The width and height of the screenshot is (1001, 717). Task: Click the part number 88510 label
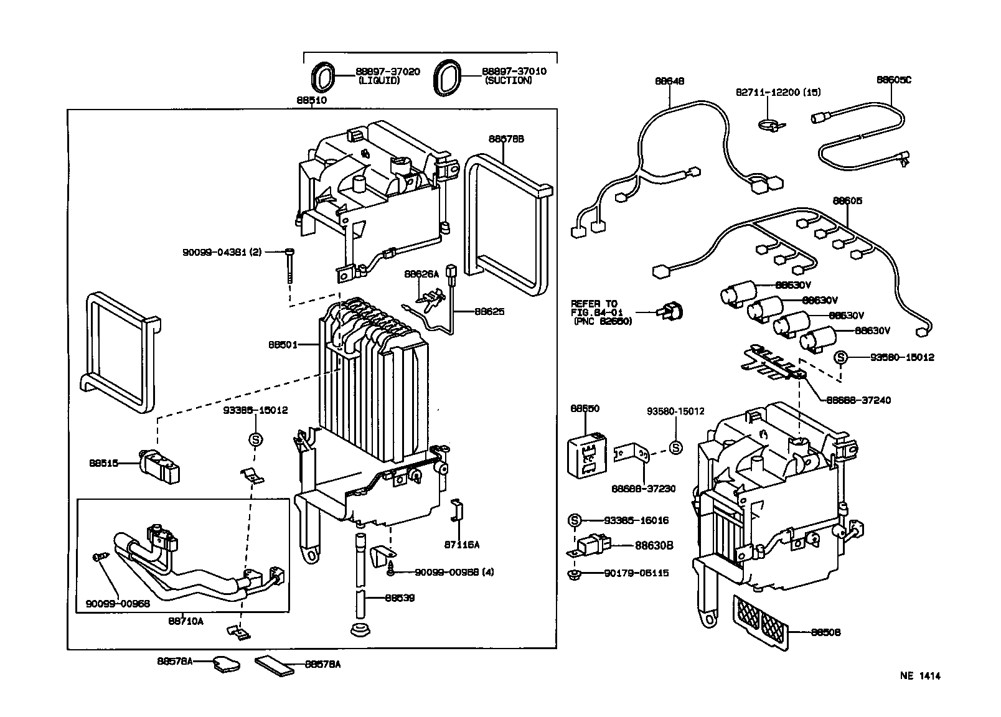[311, 100]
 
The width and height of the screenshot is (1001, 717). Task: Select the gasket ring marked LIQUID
[321, 78]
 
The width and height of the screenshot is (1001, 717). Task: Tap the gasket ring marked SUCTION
[448, 78]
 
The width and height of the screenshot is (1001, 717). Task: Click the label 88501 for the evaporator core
[283, 344]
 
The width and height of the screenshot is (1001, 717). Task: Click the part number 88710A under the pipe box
[186, 621]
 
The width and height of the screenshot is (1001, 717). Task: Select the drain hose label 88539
[400, 598]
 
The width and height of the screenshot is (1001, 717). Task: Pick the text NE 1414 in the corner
[919, 676]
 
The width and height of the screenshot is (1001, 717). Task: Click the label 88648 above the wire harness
[669, 80]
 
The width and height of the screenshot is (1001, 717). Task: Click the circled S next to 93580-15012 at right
[841, 357]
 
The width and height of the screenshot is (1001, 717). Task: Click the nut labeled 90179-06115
[571, 573]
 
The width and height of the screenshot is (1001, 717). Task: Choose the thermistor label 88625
[489, 311]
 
